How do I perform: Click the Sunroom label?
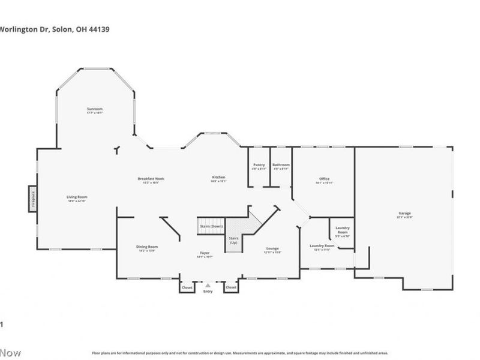[x=95, y=109]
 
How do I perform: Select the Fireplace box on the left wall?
[x=32, y=199]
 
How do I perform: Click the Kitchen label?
[x=218, y=177]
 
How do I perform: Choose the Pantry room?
[x=259, y=166]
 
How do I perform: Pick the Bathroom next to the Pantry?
[x=281, y=166]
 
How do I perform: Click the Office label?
[x=324, y=179]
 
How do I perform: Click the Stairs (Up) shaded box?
[x=233, y=240]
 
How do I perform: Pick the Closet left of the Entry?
[x=187, y=287]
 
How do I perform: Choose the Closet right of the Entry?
[x=231, y=287]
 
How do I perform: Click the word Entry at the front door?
[x=208, y=291]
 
